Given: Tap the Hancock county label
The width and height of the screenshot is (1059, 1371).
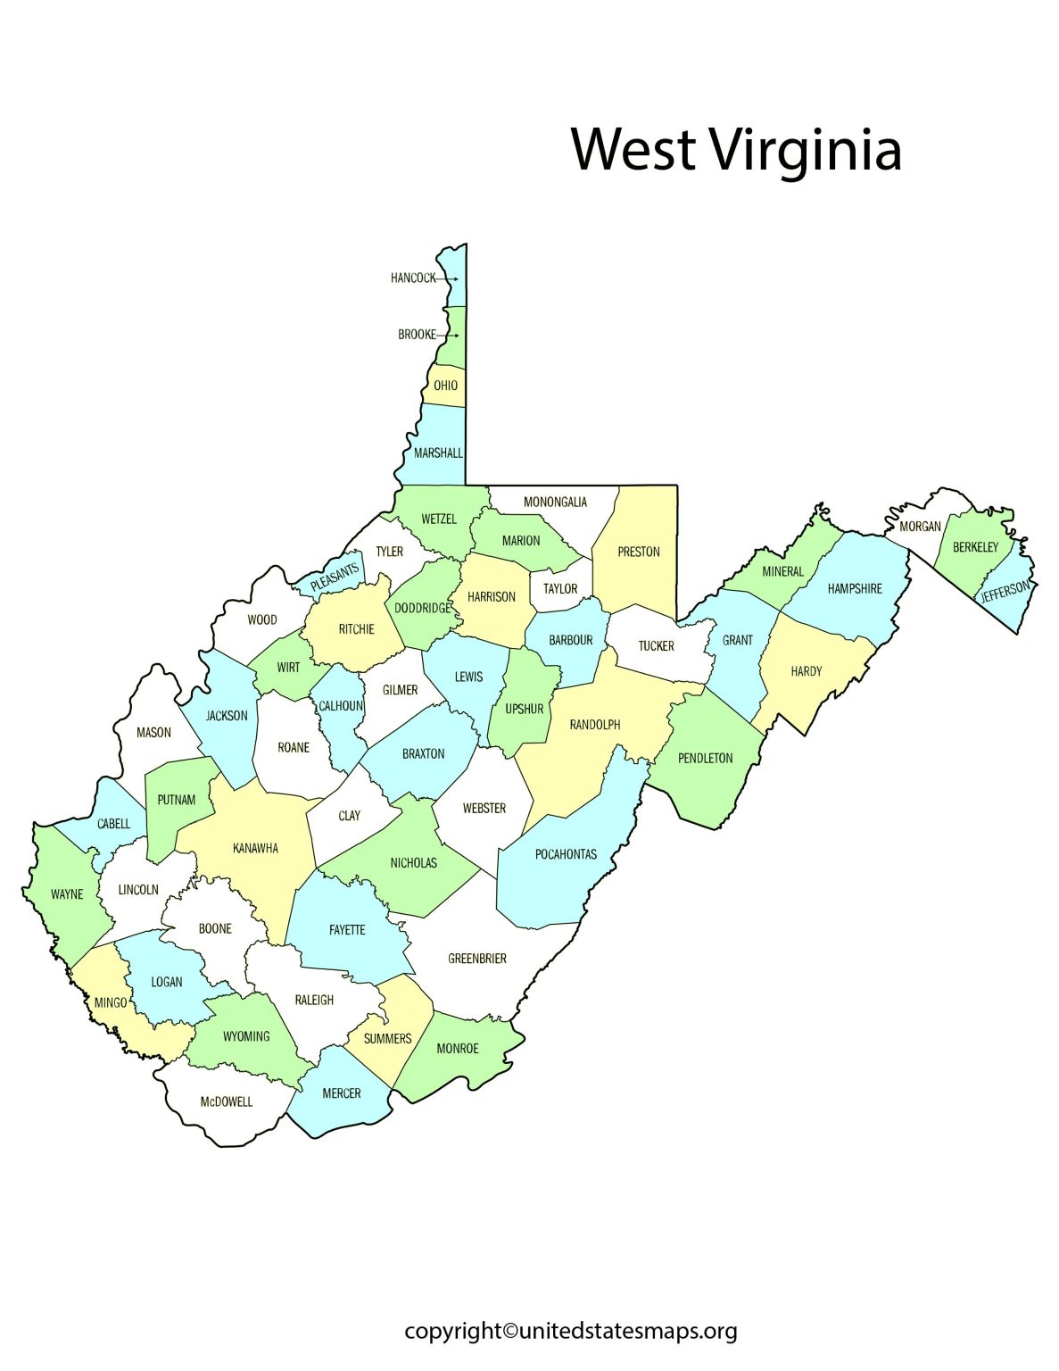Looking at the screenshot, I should (413, 278).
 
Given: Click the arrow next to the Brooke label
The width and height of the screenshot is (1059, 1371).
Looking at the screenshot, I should (450, 336).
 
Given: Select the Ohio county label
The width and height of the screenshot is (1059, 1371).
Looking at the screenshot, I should (446, 386).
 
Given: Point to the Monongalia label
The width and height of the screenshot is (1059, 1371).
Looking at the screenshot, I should (555, 502).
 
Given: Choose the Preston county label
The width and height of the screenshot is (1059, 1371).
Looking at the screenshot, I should (639, 552).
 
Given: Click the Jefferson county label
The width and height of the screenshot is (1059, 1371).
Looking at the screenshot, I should (1005, 591).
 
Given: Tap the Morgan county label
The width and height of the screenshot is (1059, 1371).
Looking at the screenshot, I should (920, 527).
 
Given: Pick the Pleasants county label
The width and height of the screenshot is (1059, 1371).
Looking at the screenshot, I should (335, 577).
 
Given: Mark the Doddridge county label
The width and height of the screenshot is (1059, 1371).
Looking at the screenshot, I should (423, 608).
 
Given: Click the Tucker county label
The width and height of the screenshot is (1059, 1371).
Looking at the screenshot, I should (657, 645).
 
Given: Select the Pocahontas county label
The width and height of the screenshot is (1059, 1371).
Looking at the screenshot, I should (566, 854).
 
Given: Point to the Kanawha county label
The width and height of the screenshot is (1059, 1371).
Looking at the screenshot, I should (255, 848).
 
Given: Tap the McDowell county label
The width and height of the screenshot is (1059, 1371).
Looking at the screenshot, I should (226, 1101).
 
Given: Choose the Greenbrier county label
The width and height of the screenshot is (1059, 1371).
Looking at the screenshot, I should (477, 959).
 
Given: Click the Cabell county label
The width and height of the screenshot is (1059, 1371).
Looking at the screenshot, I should (113, 824).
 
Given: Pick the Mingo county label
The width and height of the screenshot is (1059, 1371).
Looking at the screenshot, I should (111, 1003).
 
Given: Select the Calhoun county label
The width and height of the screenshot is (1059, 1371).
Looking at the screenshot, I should (341, 706).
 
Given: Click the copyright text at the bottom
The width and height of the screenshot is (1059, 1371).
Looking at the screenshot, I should (571, 1331).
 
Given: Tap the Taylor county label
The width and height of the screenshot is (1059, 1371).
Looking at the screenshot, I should (560, 588).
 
